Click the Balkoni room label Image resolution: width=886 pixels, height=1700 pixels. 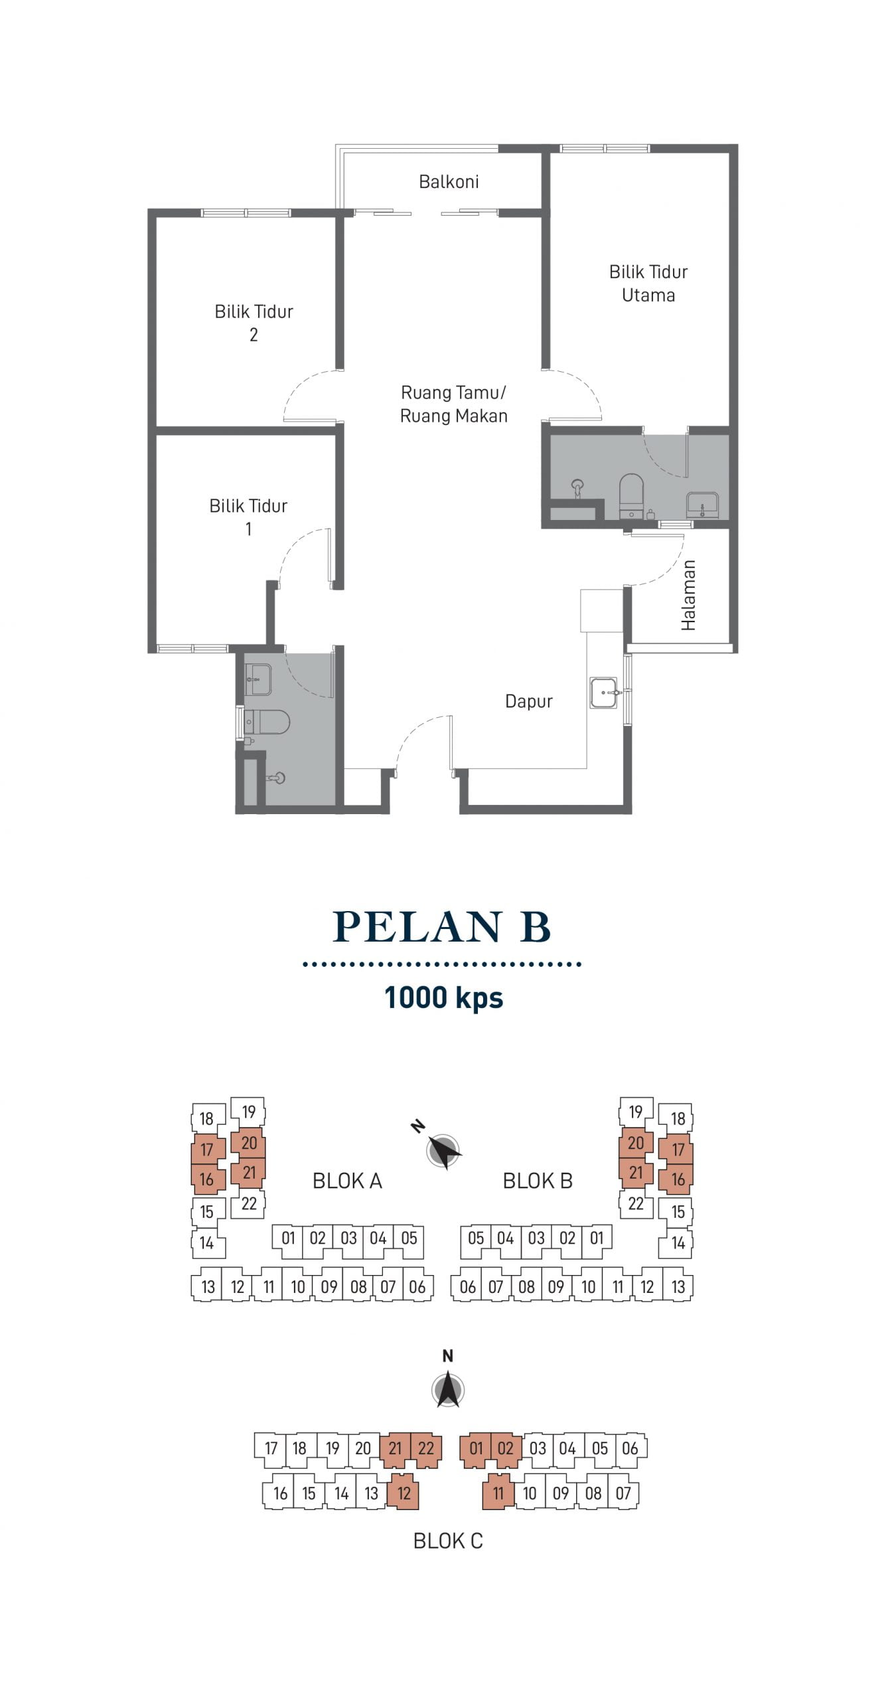click(x=449, y=181)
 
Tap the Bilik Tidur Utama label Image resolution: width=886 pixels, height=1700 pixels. click(x=648, y=283)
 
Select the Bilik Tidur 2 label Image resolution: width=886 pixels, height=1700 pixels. click(x=254, y=323)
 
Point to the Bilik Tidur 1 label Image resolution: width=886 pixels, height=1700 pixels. click(x=248, y=517)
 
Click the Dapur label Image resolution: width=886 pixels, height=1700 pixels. click(x=528, y=701)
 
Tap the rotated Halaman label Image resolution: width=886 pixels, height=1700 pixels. click(x=688, y=595)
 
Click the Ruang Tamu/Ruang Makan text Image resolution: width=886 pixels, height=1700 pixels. click(x=453, y=404)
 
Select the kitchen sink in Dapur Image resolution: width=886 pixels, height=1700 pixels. click(x=604, y=693)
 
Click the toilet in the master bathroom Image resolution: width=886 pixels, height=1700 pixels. click(x=631, y=495)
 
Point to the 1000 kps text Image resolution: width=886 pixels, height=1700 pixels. click(x=443, y=997)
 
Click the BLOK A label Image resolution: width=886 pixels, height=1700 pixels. click(x=347, y=1181)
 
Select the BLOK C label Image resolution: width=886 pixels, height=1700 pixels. click(x=448, y=1541)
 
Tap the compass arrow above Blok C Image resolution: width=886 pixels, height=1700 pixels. click(x=448, y=1388)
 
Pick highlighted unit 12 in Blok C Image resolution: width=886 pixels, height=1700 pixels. click(x=404, y=1493)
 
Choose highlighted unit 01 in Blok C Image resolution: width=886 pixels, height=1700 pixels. click(x=476, y=1448)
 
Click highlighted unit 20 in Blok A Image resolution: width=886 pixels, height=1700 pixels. click(x=249, y=1143)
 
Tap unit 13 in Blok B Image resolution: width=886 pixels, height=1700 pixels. click(x=678, y=1286)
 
